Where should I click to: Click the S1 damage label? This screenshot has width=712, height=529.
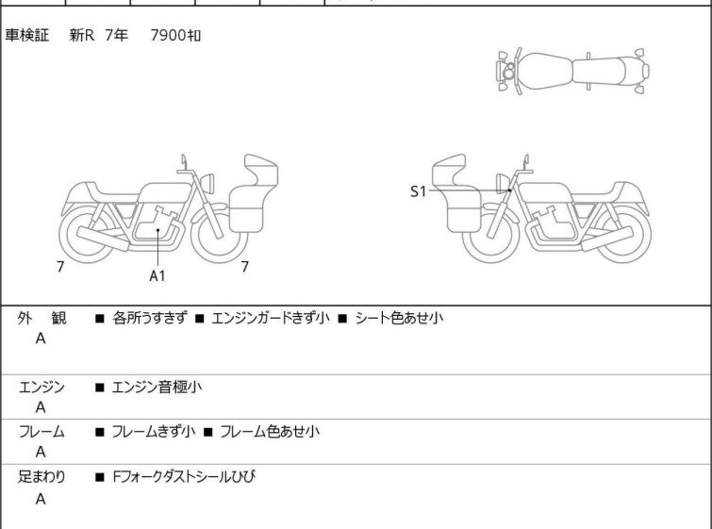tap(418, 191)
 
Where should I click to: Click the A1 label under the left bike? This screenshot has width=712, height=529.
tap(157, 275)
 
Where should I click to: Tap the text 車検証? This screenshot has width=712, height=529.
tap(27, 36)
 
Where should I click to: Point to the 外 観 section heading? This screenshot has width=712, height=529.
tap(41, 319)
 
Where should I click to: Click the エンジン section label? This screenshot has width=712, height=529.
tap(41, 387)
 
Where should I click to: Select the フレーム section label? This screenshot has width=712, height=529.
tap(41, 432)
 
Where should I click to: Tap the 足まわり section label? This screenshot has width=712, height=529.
tap(41, 477)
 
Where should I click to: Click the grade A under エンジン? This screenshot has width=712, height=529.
tap(41, 407)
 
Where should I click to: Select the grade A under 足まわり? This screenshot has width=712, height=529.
tap(41, 499)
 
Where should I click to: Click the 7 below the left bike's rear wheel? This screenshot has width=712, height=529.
tap(60, 267)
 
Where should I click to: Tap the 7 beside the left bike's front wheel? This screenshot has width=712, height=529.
tap(244, 267)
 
